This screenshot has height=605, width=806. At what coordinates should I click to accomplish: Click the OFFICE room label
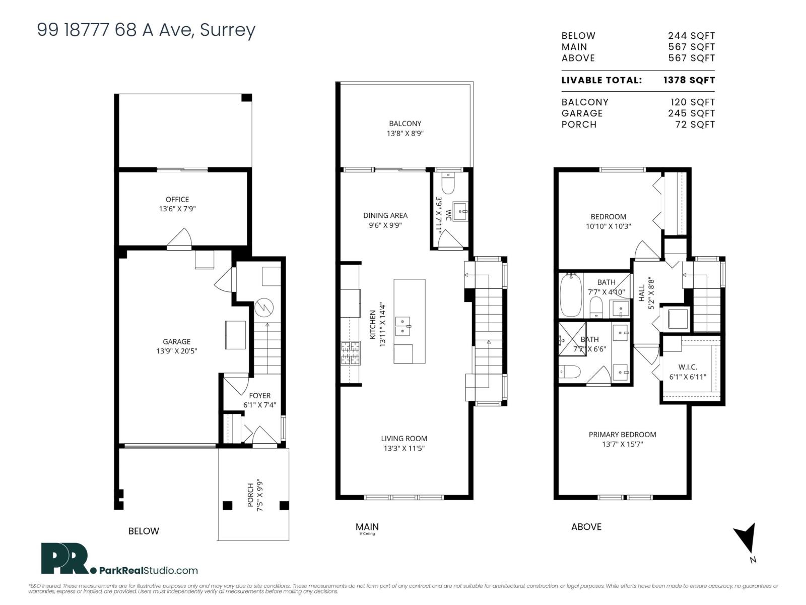click(x=177, y=199)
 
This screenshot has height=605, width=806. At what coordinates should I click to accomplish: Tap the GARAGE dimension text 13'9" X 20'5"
click(x=177, y=351)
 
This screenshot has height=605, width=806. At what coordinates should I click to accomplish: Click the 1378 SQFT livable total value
click(x=689, y=80)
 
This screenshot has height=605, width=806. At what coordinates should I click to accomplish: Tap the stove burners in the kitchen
click(x=352, y=353)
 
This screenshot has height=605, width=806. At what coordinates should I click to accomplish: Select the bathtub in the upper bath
click(x=571, y=295)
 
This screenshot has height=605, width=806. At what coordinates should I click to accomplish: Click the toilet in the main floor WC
click(x=447, y=184)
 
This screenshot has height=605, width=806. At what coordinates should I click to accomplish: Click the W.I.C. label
click(x=687, y=367)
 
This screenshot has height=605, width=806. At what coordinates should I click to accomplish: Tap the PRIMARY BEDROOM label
click(x=622, y=435)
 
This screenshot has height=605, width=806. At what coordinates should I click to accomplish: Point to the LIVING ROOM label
click(x=404, y=439)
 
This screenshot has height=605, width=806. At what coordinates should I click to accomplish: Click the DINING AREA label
click(x=385, y=215)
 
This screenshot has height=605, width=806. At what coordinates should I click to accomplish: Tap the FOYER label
click(x=259, y=396)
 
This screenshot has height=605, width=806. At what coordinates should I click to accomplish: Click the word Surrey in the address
click(x=228, y=30)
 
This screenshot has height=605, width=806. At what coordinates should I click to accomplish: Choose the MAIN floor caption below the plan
click(x=367, y=526)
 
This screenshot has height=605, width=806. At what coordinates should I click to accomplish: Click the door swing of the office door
click(x=180, y=238)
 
